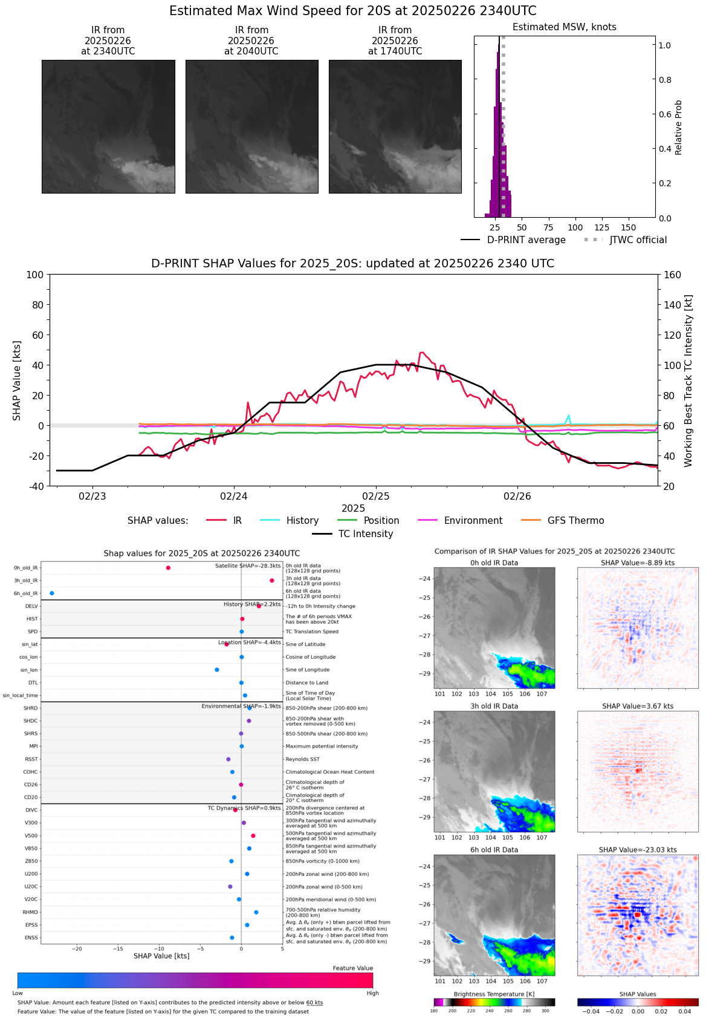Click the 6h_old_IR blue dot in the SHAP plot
[x=52, y=593]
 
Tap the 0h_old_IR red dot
[x=168, y=568]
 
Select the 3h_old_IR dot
[x=272, y=581]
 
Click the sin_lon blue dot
[x=217, y=670]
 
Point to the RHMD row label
[x=30, y=912]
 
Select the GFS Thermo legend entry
[x=575, y=520]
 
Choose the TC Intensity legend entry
[x=365, y=533]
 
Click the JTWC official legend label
[x=638, y=240]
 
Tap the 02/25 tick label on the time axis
[x=376, y=497]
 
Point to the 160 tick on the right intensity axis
[x=673, y=275]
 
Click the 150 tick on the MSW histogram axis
[x=629, y=227]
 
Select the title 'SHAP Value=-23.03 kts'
[x=638, y=850]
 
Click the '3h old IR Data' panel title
[x=494, y=706]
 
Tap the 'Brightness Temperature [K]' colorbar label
[x=494, y=994]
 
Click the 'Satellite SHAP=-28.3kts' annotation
[x=248, y=566]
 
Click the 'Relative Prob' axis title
[x=679, y=127]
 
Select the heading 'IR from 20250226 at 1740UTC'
[x=395, y=41]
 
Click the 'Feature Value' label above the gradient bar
[x=352, y=968]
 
